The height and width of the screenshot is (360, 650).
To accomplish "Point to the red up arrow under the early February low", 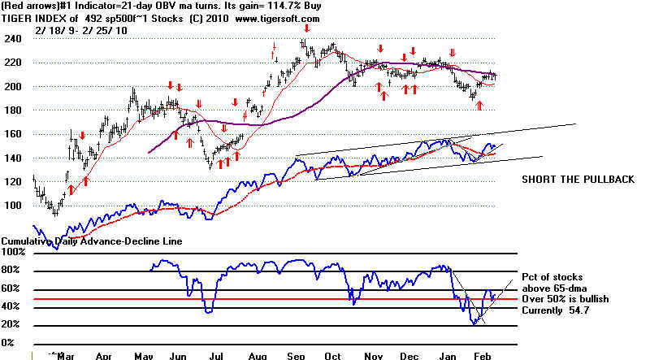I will tap(479, 105).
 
